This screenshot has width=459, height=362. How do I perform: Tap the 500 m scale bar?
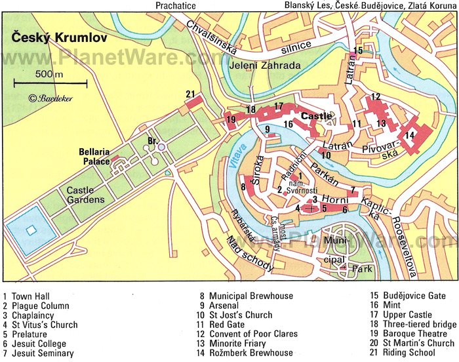click(x=50, y=83)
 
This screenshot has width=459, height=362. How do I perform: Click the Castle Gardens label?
click(x=85, y=194)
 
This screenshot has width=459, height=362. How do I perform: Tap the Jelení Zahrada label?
click(x=265, y=66)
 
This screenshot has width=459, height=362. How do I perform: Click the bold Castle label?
click(x=316, y=116)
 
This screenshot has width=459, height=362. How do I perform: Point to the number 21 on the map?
click(x=190, y=94)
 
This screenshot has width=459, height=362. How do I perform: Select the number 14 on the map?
click(x=410, y=135)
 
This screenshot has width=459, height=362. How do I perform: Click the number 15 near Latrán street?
click(x=357, y=50)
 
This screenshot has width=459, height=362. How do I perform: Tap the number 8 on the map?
click(x=243, y=188)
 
